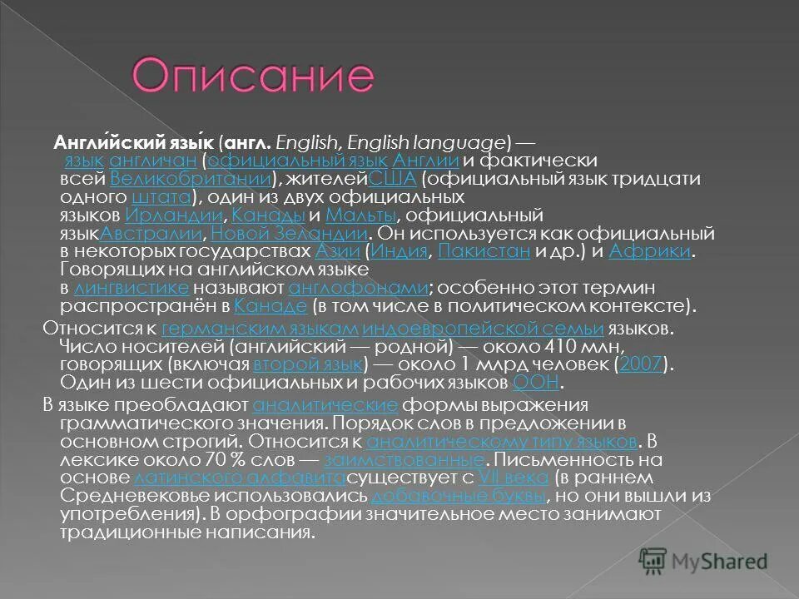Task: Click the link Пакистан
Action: click(x=484, y=251)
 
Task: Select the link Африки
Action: click(x=649, y=251)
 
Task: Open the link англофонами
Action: click(x=358, y=288)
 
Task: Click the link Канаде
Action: click(x=261, y=306)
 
